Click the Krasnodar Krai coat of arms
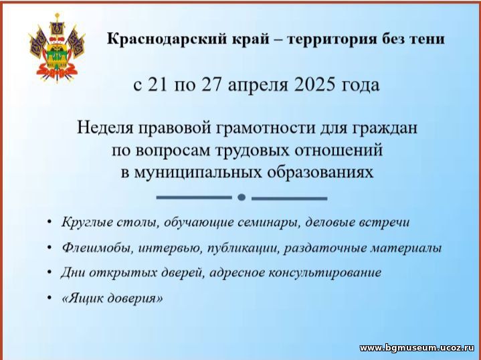click(57, 48)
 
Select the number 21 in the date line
click(158, 85)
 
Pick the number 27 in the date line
click(211, 85)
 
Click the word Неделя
click(105, 127)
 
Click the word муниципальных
click(198, 173)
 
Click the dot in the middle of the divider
click(242, 197)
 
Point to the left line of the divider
click(194, 197)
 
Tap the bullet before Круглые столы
click(50, 221)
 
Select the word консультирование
click(325, 272)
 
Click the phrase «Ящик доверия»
click(112, 298)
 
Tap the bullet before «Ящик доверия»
click(50, 297)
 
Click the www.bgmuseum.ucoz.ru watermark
click(417, 348)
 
